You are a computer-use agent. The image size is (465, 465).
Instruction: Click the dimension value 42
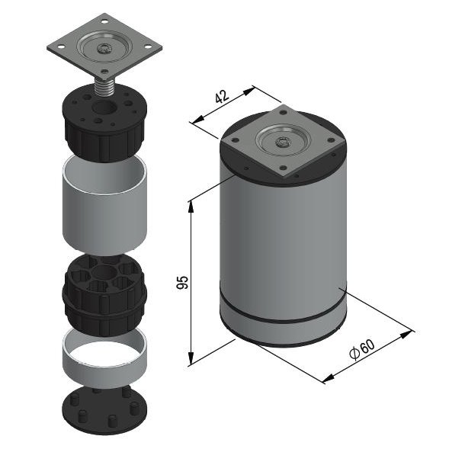[221, 97]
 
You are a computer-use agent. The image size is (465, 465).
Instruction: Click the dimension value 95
[181, 282]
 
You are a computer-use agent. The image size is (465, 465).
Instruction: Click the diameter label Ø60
[364, 348]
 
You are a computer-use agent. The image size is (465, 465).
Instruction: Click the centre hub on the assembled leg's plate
[284, 142]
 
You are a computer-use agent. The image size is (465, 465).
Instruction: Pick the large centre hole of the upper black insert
[101, 119]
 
